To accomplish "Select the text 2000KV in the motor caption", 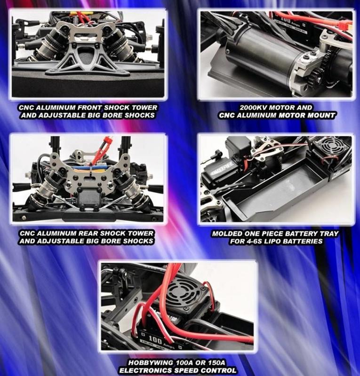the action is tap(253, 108).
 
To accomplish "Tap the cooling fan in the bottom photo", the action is tap(184, 291).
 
